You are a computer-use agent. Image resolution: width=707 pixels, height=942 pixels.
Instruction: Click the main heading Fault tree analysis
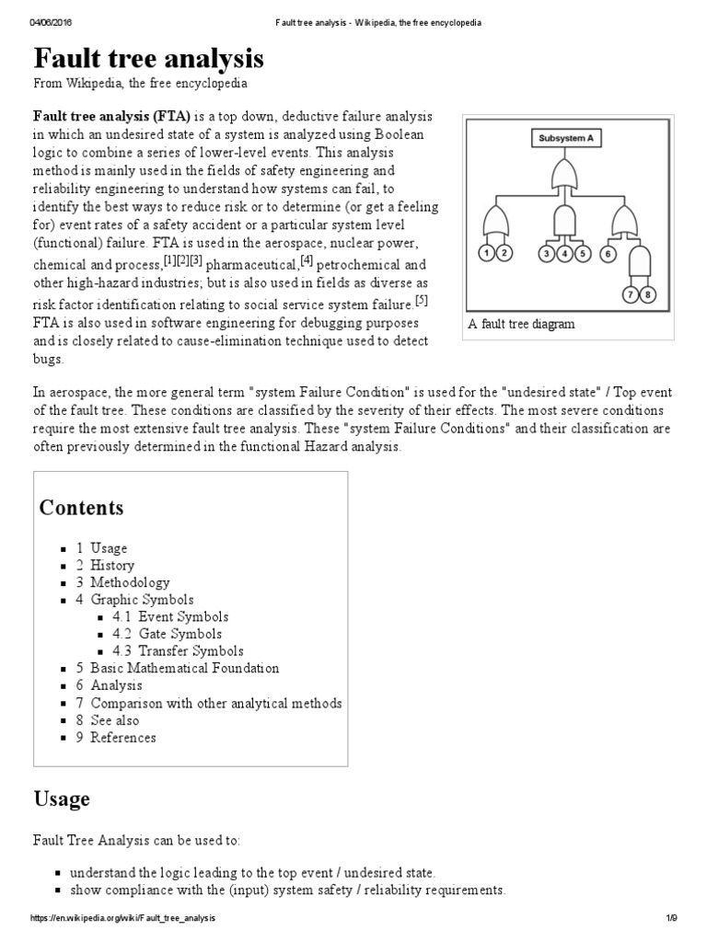[x=148, y=59]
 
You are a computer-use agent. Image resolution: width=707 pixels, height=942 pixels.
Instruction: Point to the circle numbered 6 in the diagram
[x=608, y=253]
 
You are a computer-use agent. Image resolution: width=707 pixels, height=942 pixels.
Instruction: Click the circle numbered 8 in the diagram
[x=647, y=295]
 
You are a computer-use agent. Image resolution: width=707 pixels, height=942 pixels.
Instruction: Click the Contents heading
[x=81, y=508]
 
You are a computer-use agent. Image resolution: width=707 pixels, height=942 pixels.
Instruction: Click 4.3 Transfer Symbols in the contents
[x=178, y=650]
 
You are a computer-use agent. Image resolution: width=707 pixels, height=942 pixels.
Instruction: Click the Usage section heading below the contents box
[x=62, y=798]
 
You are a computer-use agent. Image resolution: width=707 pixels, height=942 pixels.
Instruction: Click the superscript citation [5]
[x=422, y=300]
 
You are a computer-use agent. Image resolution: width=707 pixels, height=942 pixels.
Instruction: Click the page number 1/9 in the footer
[x=671, y=919]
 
